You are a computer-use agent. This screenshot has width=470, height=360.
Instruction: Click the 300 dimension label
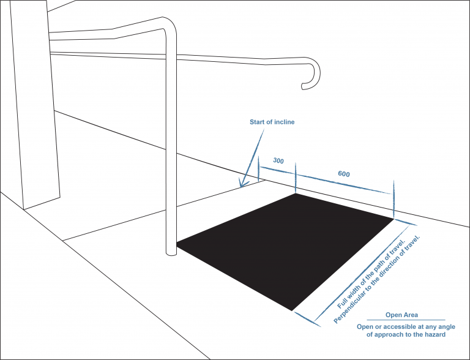278,161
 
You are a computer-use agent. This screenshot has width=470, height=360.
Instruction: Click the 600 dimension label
344,174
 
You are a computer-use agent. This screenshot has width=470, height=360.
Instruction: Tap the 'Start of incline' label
272,122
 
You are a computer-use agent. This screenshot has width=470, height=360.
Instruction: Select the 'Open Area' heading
401,315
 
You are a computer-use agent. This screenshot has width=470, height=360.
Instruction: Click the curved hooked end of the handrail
311,73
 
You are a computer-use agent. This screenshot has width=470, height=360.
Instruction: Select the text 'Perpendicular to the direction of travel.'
377,280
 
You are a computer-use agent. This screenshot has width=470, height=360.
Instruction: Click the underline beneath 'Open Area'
406,320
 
